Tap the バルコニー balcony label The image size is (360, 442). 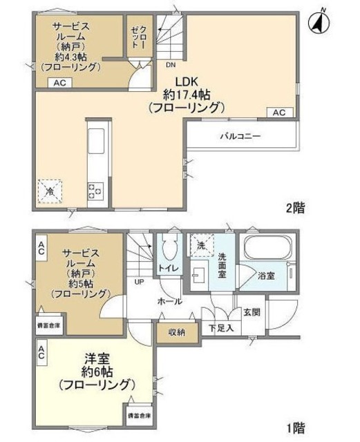click(241, 136)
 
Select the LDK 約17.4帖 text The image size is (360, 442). click(186, 94)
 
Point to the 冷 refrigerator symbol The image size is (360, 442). click(50, 190)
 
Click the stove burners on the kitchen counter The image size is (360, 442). click(95, 190)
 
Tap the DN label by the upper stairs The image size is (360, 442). click(170, 66)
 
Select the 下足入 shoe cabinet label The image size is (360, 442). click(220, 328)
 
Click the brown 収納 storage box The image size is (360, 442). click(176, 332)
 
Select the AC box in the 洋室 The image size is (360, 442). click(41, 356)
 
